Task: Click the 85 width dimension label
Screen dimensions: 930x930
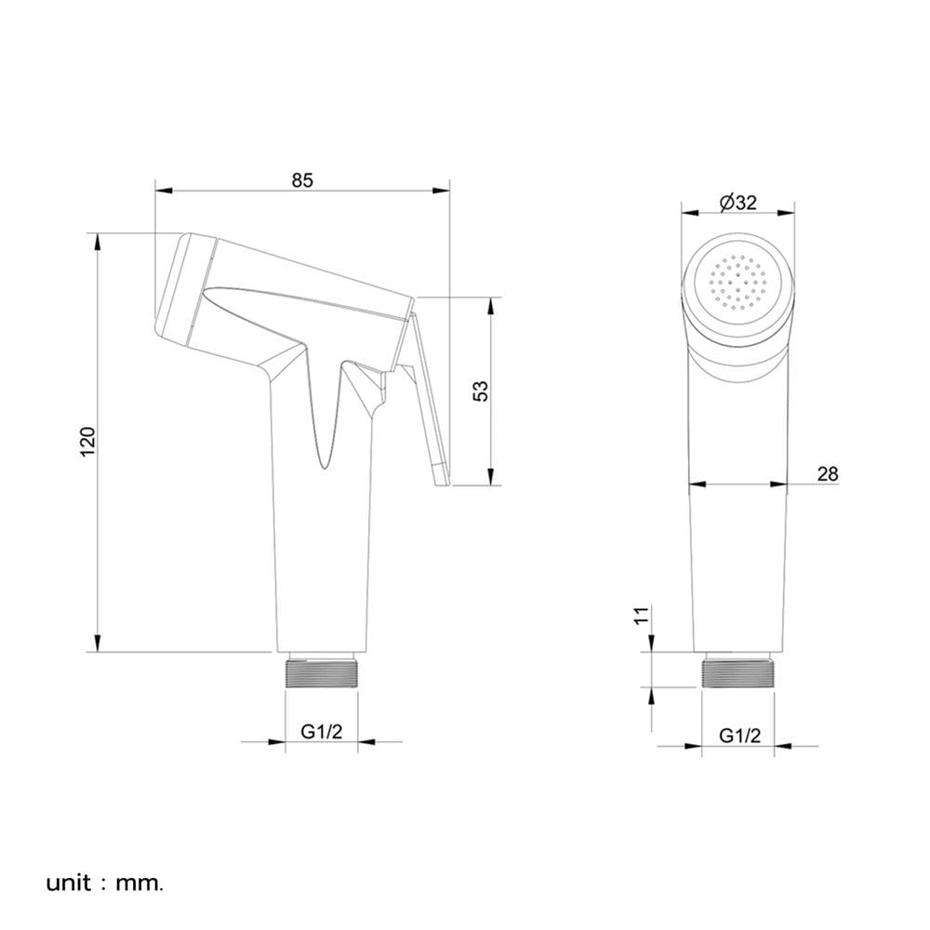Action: (302, 179)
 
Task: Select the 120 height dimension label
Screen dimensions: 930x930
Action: (87, 441)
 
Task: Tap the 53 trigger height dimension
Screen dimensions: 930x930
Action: (481, 391)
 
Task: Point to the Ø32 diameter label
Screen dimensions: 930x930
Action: (737, 202)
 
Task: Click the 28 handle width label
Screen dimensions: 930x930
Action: (828, 474)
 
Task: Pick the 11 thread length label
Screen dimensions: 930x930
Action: (641, 615)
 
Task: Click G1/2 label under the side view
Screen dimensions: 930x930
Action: (322, 731)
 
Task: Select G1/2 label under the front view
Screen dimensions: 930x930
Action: (739, 736)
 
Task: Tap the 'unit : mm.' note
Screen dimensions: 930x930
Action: (104, 883)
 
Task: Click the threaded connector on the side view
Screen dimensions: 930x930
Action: (322, 671)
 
